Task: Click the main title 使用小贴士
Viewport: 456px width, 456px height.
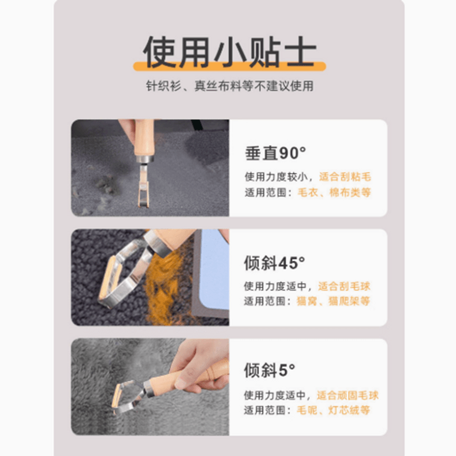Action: click(x=230, y=52)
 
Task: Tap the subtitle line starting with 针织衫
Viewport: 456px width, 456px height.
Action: click(x=230, y=86)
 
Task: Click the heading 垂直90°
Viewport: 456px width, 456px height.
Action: click(x=275, y=153)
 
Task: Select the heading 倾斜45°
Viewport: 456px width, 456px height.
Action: click(x=275, y=263)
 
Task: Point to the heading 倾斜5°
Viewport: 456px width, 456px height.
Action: click(x=270, y=370)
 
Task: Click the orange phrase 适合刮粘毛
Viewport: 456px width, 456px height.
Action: click(x=345, y=177)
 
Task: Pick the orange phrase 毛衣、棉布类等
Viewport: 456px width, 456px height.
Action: click(x=334, y=192)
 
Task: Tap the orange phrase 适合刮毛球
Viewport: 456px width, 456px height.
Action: click(x=345, y=287)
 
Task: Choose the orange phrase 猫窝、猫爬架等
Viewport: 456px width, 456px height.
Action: click(x=333, y=301)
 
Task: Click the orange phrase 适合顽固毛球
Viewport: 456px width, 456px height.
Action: click(x=348, y=396)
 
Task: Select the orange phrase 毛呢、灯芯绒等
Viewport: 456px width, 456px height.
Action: click(x=333, y=410)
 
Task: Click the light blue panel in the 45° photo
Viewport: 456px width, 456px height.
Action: click(x=214, y=265)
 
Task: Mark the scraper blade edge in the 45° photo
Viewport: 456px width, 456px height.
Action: click(x=108, y=279)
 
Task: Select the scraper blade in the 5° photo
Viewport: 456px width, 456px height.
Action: click(x=119, y=395)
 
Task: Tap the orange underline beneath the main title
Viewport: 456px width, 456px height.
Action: click(x=230, y=66)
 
